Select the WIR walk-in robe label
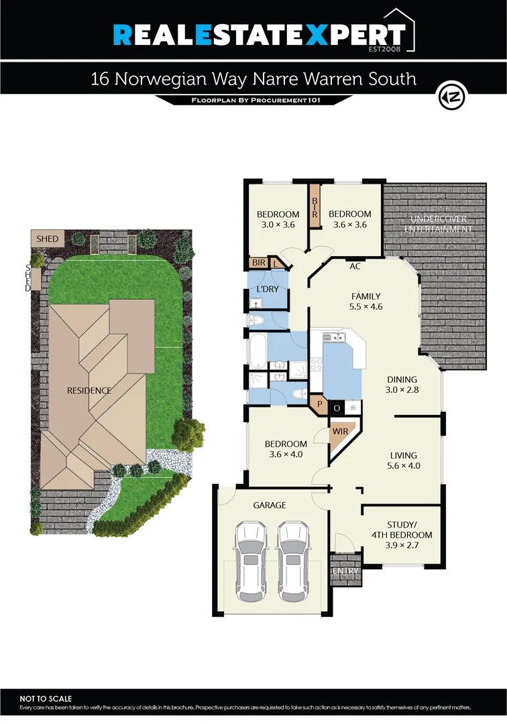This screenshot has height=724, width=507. coord(340,431)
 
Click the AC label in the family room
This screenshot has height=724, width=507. coord(355,266)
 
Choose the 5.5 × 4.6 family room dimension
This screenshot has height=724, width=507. coord(366,307)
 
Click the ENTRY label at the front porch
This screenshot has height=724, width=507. coord(346,570)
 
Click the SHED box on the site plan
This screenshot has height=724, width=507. coord(48,239)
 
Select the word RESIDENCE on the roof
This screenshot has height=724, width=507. coord(89,390)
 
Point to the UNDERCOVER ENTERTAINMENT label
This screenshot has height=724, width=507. coord(438,224)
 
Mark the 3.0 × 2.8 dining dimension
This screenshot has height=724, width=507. coord(401,389)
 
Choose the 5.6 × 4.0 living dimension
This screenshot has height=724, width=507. coord(403,466)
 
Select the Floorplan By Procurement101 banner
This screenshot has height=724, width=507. coord(253,101)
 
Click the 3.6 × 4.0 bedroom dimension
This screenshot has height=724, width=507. coord(286,455)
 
